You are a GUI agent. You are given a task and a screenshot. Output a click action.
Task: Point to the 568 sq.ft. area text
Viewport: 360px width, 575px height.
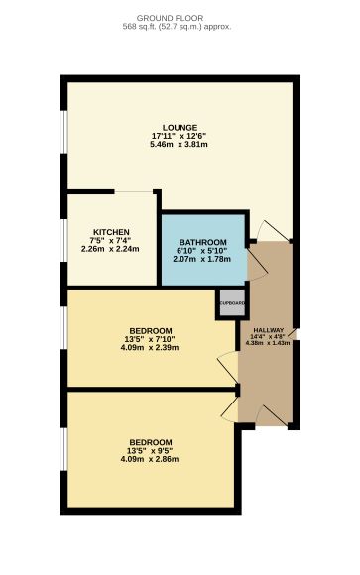(180, 27)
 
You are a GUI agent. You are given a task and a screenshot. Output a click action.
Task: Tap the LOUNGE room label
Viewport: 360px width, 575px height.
(180, 127)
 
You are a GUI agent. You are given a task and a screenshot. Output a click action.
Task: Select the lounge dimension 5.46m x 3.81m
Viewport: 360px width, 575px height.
(180, 144)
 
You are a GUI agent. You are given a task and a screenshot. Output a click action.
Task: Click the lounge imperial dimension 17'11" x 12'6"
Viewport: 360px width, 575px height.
(180, 136)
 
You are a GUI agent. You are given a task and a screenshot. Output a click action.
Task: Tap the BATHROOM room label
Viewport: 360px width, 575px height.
(203, 243)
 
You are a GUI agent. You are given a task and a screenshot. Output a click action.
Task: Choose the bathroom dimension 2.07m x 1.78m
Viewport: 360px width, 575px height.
(203, 259)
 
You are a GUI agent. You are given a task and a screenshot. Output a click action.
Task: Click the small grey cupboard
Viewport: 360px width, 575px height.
(231, 303)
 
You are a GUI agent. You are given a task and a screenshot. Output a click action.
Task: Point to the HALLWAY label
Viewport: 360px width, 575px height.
(268, 330)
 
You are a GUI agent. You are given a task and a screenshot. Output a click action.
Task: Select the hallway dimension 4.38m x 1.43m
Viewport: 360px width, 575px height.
(268, 343)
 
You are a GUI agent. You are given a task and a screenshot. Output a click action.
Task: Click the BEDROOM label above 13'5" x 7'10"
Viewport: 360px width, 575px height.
(151, 330)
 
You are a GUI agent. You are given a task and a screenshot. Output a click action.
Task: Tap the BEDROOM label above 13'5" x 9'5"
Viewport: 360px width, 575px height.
(151, 442)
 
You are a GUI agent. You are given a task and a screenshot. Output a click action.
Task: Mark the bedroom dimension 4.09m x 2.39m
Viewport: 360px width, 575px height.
(151, 347)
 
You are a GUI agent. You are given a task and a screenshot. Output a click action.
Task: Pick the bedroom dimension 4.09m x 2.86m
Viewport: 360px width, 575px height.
(151, 459)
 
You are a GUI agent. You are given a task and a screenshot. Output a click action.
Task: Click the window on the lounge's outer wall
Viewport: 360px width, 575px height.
(64, 135)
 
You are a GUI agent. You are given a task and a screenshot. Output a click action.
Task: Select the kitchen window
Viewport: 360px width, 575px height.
(64, 240)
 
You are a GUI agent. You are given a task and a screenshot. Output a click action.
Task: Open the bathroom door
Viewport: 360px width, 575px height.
(255, 260)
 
